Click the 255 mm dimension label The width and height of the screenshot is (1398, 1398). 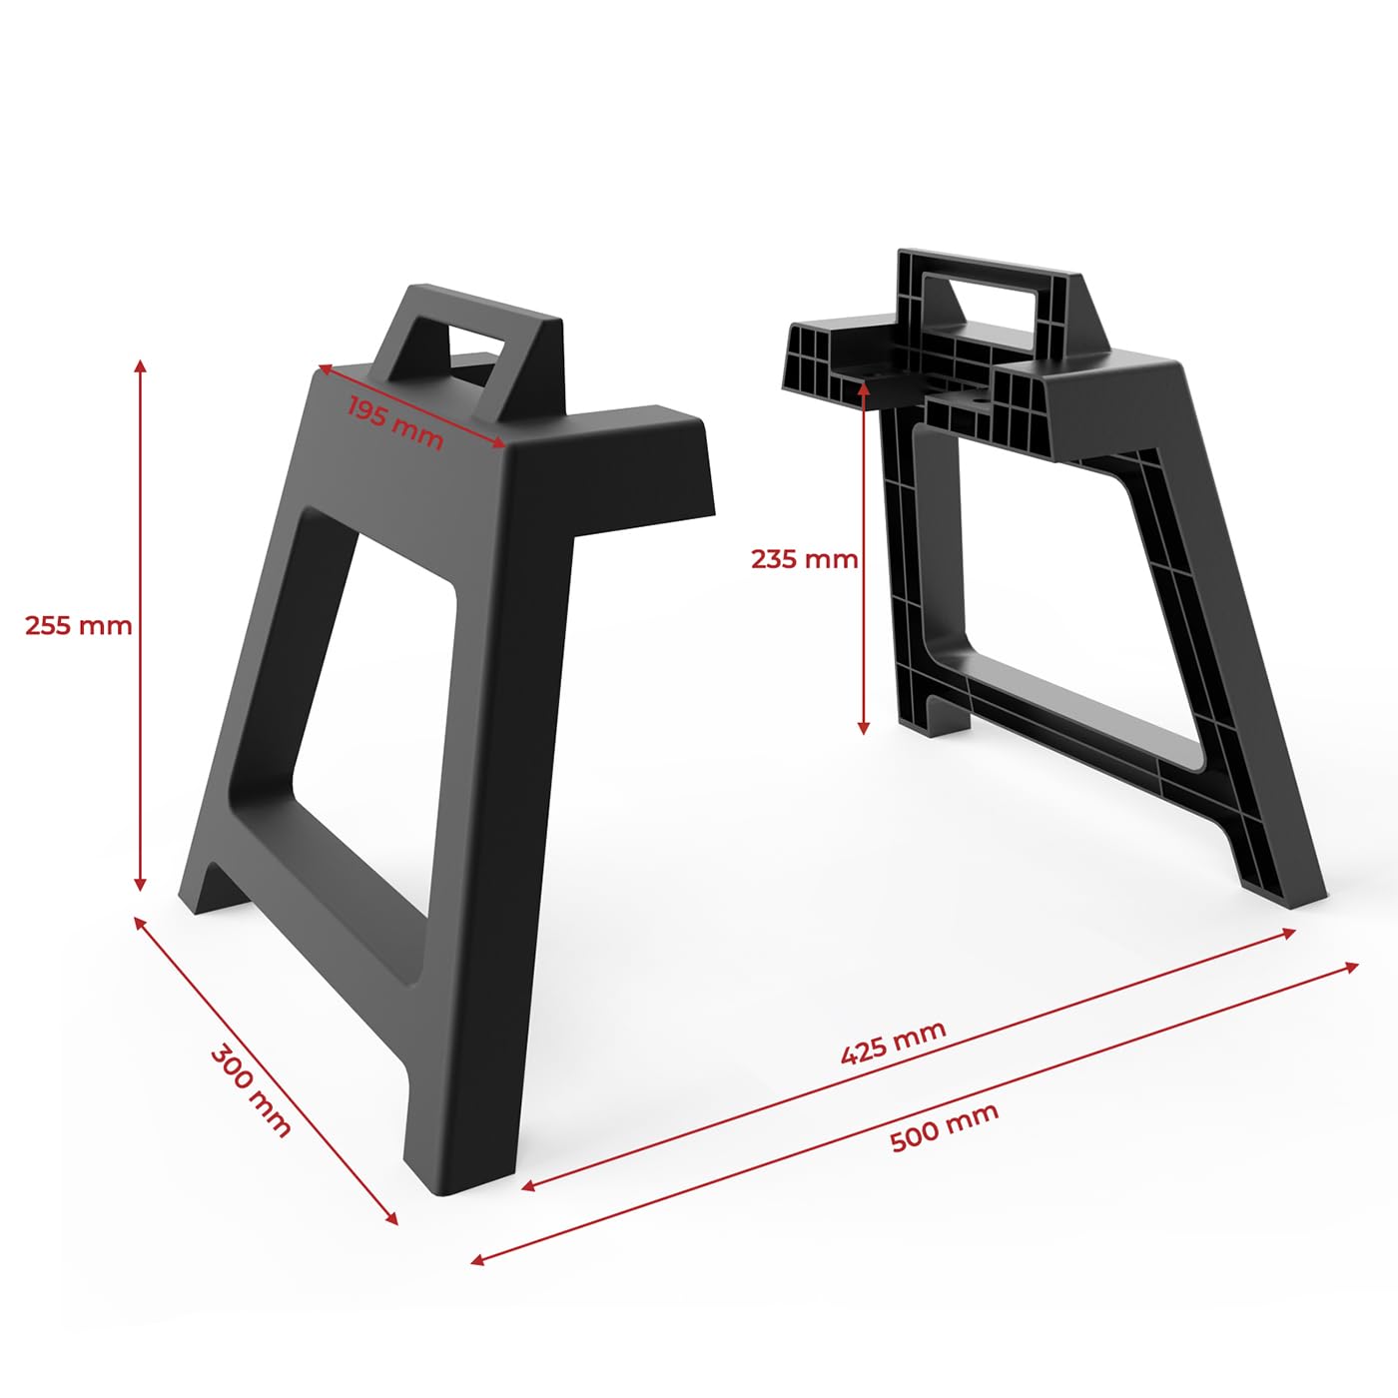coord(78,625)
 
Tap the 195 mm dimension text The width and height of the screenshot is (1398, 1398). coord(395,422)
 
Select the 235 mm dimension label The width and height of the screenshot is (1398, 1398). coord(804,559)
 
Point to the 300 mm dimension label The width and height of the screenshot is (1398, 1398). coord(251,1090)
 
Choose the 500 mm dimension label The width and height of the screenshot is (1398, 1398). coord(944,1129)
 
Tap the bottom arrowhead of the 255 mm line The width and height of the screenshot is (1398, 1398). coord(140,885)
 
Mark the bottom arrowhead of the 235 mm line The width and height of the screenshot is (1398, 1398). coord(864,728)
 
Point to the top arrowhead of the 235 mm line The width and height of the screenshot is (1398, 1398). coord(864,388)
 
